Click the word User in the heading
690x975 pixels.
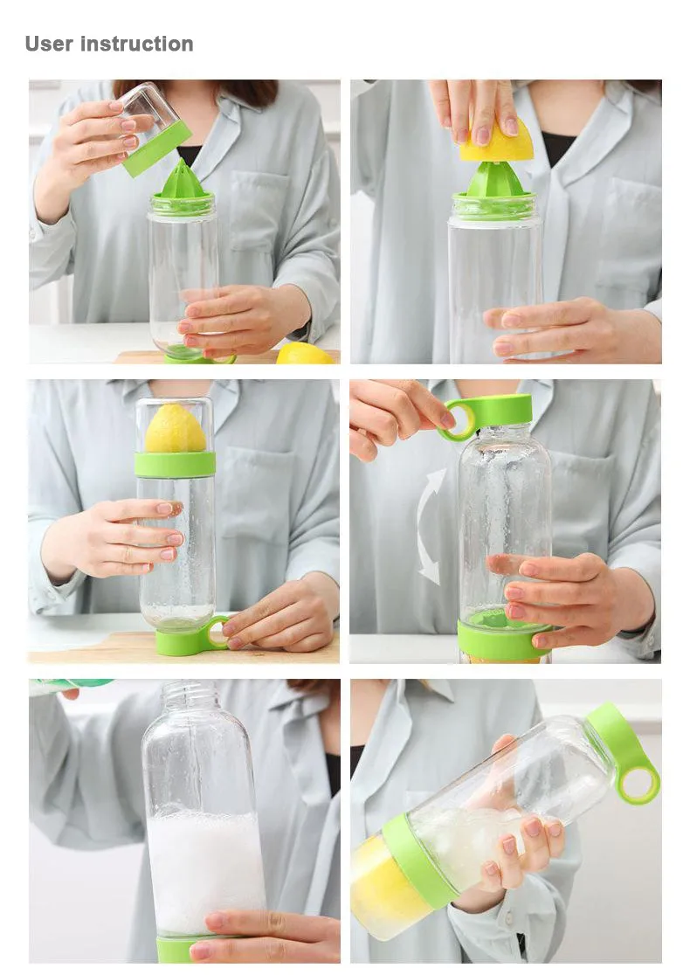coord(49,44)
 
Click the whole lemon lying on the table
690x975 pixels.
coord(303,354)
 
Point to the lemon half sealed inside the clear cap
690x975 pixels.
coord(175,430)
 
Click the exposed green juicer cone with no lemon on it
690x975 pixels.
coord(183,179)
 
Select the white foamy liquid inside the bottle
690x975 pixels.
coord(204,874)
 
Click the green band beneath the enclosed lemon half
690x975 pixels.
coord(175,464)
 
